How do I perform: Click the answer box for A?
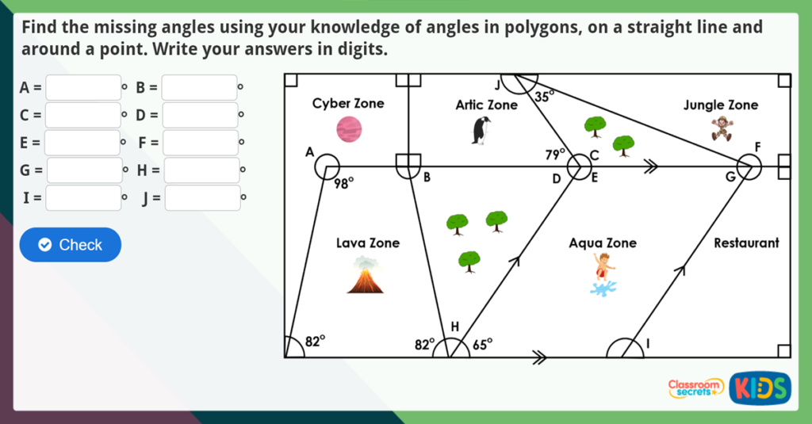tap(83, 87)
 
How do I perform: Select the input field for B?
tap(199, 87)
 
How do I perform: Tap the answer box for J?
tap(202, 197)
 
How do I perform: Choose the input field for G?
tap(85, 170)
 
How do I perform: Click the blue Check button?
tap(71, 245)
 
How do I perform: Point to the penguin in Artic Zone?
tap(481, 131)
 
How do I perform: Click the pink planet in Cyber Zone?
tap(349, 128)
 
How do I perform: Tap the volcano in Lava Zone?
tap(365, 276)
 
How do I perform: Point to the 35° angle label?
tap(544, 97)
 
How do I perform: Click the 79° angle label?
tap(555, 155)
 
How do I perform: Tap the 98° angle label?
tap(343, 184)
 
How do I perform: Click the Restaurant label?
tap(746, 243)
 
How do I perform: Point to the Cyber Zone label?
tap(347, 103)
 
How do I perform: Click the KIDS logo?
tap(760, 388)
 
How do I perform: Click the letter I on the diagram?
tap(647, 343)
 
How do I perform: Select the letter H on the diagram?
tap(454, 326)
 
